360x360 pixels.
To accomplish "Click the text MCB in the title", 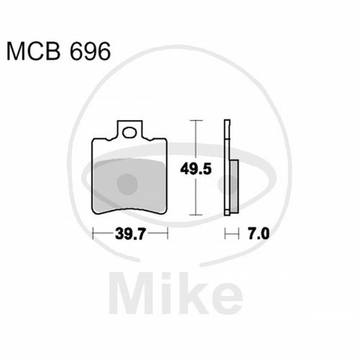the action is point(33,51).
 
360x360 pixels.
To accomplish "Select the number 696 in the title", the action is point(90,51).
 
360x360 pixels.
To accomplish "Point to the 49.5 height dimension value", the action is point(196,169).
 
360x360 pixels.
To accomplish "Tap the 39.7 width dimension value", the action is point(130,233).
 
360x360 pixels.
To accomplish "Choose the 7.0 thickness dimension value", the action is point(258,233).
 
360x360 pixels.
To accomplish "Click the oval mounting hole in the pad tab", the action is point(130,132).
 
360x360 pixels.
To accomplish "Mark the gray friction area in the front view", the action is point(130,186).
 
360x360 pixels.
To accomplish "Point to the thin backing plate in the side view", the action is point(227,167).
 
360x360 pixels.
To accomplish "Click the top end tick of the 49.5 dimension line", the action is point(197,120).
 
